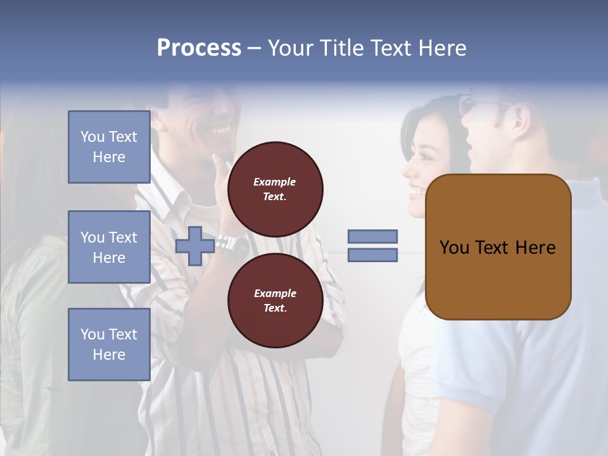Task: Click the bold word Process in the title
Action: coord(199,48)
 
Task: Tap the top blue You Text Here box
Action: coord(109,147)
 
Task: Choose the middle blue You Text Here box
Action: coord(109,247)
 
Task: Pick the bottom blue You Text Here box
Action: coord(109,345)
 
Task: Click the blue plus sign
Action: coord(194,246)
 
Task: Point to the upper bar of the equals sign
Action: coord(373,236)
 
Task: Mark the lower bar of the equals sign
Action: coord(373,255)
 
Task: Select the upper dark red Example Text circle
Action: coord(275,189)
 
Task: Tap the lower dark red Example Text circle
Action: coord(275,301)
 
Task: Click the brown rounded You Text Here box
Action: coord(498,247)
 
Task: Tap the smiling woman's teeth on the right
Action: coord(416,189)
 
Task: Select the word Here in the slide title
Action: coord(441,48)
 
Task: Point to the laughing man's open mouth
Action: coord(219,130)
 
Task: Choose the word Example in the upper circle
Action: coord(275,182)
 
